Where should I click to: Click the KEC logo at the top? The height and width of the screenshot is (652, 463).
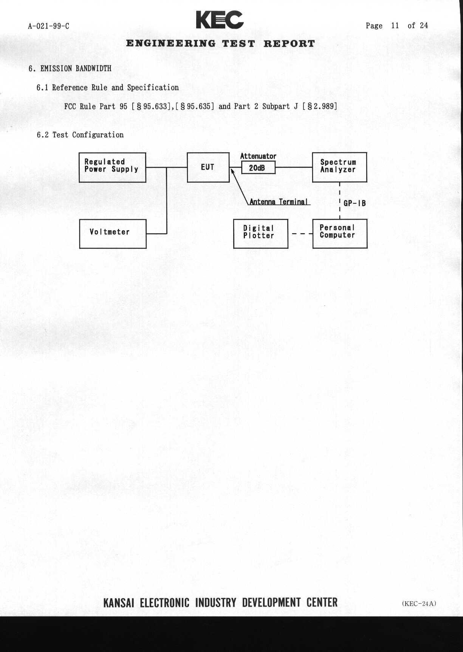coord(220,20)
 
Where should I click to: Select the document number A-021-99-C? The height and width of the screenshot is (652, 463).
coord(48,26)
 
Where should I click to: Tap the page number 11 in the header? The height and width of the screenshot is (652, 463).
coord(395,26)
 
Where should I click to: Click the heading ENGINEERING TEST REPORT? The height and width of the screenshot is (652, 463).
coord(220,44)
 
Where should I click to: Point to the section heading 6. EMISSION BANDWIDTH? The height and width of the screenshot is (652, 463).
coord(70,69)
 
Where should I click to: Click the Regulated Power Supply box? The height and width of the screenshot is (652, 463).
coord(112,167)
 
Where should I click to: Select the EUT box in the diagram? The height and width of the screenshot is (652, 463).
coord(208,167)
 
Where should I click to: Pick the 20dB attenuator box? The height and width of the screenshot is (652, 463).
coord(258,167)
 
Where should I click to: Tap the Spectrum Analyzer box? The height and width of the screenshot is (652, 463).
coord(339,167)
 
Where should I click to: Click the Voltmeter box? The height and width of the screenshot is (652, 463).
coord(113,234)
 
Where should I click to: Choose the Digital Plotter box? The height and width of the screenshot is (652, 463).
coord(260,234)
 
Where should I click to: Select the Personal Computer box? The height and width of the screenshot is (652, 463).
coord(339,233)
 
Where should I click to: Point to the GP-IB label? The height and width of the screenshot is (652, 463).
coord(355,203)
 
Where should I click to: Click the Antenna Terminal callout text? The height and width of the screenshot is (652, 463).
coord(279,202)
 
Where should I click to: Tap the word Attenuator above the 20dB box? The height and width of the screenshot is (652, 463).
coord(258,156)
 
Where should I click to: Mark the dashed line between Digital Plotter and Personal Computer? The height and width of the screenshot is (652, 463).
coord(300,234)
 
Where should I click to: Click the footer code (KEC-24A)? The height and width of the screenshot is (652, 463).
coord(419,603)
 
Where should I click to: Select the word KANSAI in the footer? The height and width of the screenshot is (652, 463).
coord(118,602)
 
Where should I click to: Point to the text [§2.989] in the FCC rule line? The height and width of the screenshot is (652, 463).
coord(319,106)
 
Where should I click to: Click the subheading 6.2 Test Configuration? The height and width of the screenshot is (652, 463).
coord(80,135)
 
